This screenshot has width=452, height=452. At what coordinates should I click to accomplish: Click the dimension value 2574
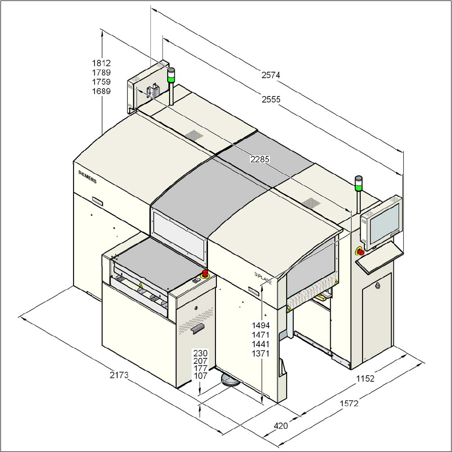270,74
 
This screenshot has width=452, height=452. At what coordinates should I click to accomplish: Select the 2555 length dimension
271,99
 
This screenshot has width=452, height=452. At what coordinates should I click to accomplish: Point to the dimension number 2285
260,159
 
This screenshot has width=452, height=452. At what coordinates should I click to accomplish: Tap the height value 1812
101,63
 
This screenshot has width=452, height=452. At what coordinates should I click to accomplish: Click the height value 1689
101,91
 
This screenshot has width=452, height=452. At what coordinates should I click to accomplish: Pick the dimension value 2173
119,375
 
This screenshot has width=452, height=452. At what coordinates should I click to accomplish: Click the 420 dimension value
281,425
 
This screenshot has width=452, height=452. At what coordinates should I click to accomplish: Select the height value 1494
261,325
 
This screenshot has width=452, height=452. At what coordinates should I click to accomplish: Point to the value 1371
261,354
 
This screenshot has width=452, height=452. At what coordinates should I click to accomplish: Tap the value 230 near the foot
200,353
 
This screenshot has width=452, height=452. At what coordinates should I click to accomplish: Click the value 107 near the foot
200,376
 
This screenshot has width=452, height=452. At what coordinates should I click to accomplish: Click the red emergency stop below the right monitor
361,252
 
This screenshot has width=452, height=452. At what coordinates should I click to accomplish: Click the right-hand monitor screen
383,222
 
